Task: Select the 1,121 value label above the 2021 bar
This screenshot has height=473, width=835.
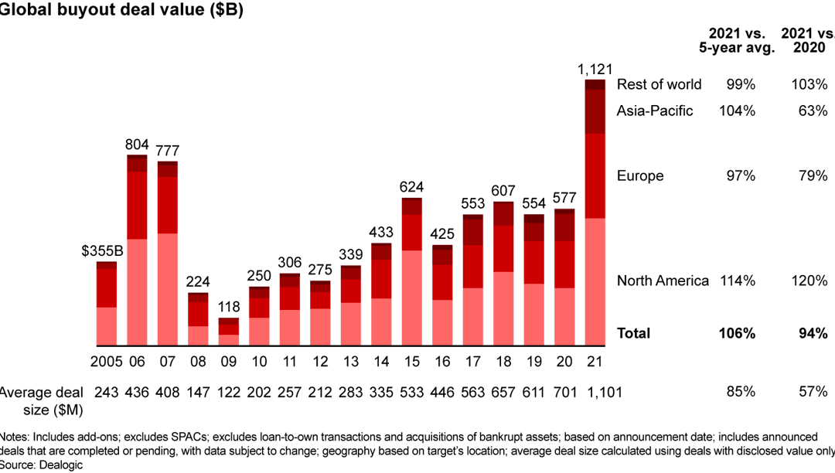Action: (595, 70)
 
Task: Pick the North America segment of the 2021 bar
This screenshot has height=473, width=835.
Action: (595, 282)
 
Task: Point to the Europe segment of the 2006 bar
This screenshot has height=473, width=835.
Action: (137, 205)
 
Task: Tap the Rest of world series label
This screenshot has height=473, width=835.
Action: (659, 84)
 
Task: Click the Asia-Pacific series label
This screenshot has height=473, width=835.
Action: (655, 111)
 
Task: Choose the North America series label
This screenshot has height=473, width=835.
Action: (663, 281)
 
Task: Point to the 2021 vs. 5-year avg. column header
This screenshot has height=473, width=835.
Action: (737, 40)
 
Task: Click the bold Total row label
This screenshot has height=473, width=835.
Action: (633, 333)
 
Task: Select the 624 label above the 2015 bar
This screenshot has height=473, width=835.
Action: (411, 187)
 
